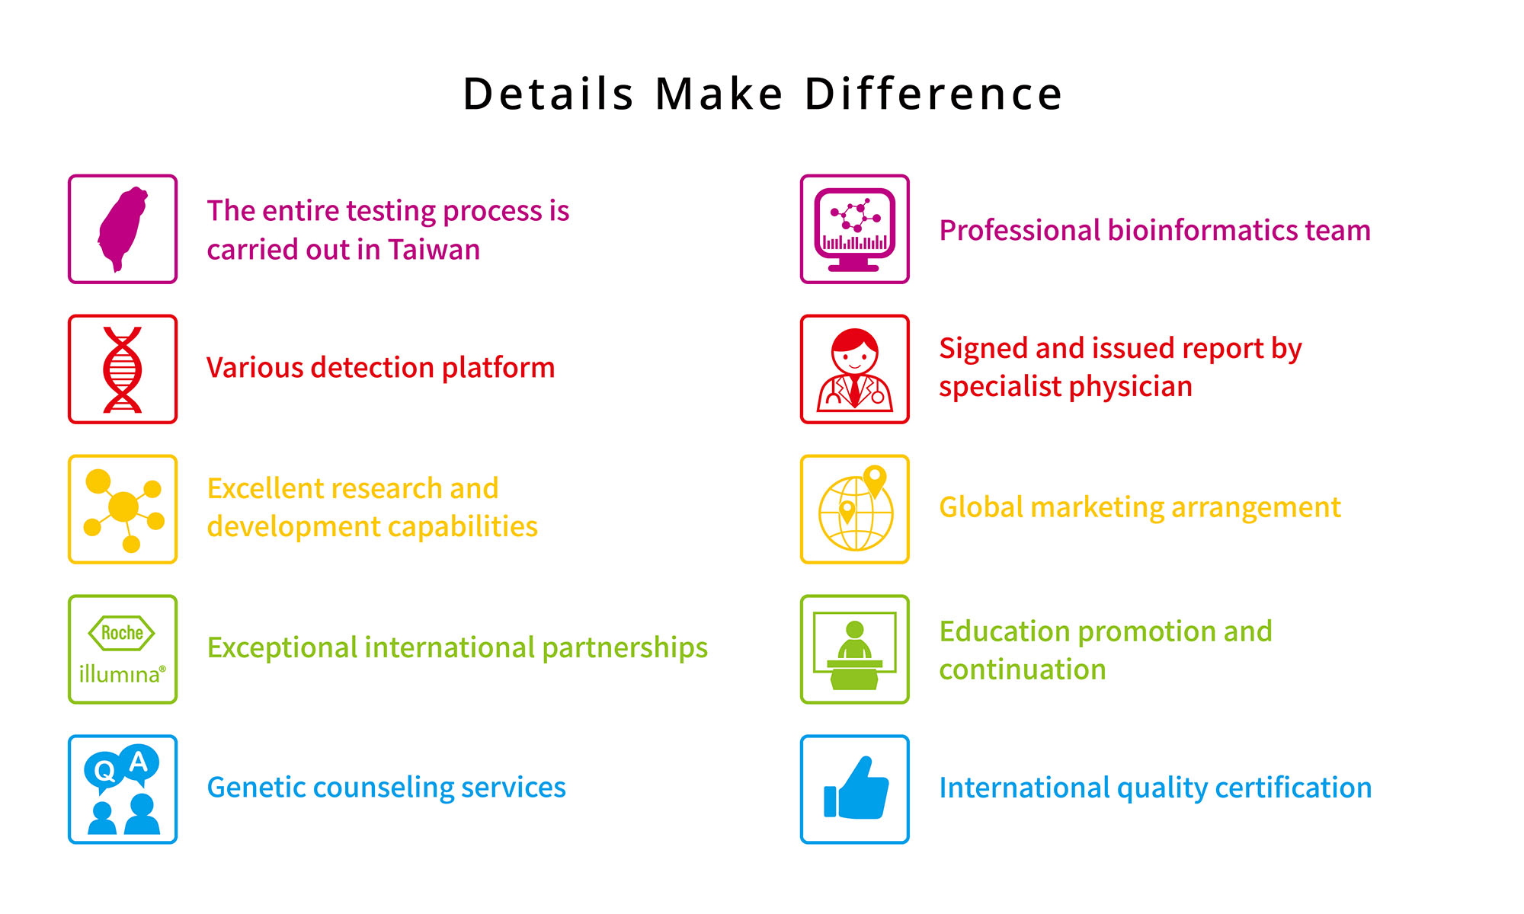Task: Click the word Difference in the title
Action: click(x=933, y=94)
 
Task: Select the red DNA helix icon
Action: click(x=123, y=369)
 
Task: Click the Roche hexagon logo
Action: click(x=122, y=633)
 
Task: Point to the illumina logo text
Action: click(x=122, y=674)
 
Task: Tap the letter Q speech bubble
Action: click(x=104, y=772)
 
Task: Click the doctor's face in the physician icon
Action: click(x=855, y=356)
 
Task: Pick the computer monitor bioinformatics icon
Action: click(x=855, y=229)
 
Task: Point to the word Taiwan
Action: click(x=434, y=250)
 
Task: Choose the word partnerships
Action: click(x=625, y=648)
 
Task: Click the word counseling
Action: click(x=383, y=788)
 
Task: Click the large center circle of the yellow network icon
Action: click(x=123, y=507)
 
